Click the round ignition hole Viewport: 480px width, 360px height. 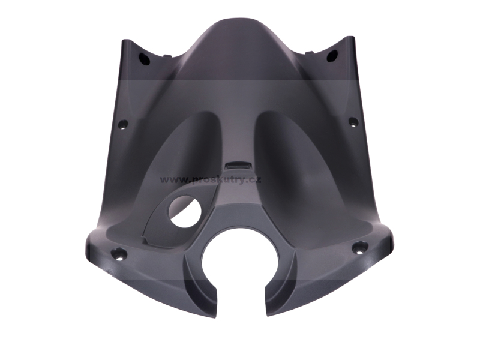coord(185,212)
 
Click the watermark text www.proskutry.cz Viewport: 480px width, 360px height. coord(211,179)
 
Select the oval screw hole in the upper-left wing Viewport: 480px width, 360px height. coord(145,58)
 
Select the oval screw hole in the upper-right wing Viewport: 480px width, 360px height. coord(332,56)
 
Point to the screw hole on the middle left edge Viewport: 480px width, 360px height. coord(124,125)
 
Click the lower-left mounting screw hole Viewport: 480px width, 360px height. coord(121,253)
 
